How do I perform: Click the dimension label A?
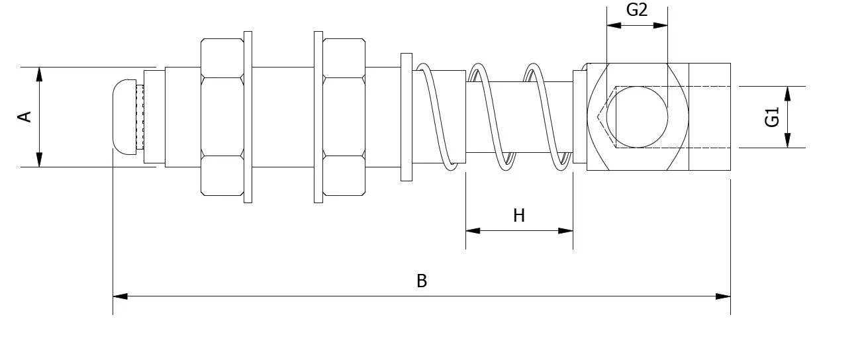[24, 116]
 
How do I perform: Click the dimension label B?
[422, 281]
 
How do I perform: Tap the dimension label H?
[519, 216]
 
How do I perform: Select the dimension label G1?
[772, 117]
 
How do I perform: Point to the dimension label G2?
[637, 10]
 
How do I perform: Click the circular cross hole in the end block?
[637, 117]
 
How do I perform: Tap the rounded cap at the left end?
[124, 117]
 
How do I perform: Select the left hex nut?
[222, 117]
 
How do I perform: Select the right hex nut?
[344, 117]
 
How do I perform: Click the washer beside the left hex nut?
[248, 117]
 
